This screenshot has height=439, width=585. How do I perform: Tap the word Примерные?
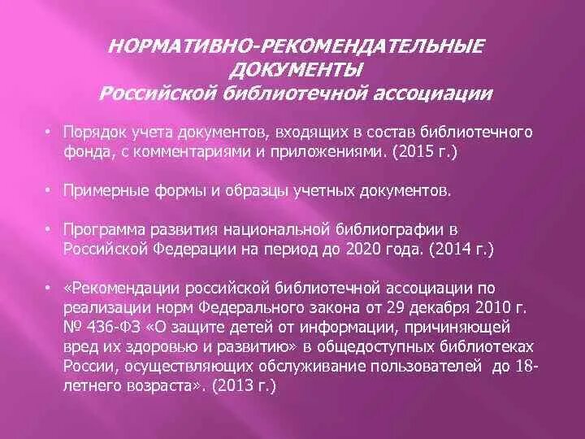pos(99,190)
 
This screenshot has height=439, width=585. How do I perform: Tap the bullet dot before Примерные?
pos(49,190)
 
